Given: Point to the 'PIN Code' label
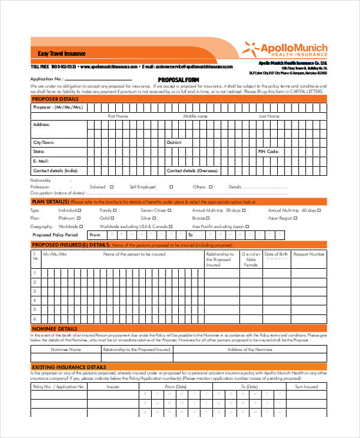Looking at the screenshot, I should pos(268,152).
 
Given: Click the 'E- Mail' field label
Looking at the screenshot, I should pos(41,161).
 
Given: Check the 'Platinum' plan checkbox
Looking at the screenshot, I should pos(82,218).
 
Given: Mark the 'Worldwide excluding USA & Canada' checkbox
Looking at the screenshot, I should pos(173,227).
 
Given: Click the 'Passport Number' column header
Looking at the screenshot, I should pos(309,254).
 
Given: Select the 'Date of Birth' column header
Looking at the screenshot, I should pos(276,254).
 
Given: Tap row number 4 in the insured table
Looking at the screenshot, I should pos(35,291).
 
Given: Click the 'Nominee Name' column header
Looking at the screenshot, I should pos(65,349).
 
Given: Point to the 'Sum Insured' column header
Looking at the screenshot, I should pos(306,387).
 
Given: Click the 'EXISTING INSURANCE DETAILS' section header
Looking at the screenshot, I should pos(68,367).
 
